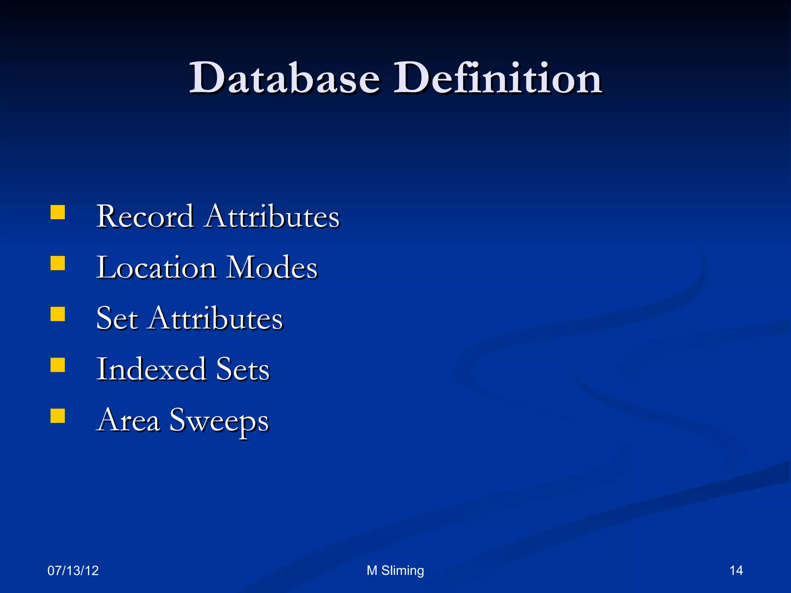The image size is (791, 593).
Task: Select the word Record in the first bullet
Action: click(145, 217)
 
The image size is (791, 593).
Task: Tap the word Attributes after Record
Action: click(272, 217)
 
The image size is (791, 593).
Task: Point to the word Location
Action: click(156, 268)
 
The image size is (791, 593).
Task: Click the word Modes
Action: click(272, 268)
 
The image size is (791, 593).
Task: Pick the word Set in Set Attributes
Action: click(117, 319)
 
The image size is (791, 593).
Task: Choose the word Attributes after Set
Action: click(216, 319)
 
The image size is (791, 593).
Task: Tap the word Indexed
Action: click(151, 369)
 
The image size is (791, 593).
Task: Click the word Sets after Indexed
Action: click(243, 369)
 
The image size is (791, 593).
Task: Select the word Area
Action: click(128, 420)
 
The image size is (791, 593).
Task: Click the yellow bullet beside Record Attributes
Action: click(58, 212)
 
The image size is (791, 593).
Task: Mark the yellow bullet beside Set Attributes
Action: click(58, 314)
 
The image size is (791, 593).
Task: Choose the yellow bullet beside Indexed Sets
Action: click(58, 365)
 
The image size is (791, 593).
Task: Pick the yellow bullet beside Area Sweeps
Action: click(58, 416)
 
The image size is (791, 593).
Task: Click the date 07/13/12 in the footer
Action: click(73, 571)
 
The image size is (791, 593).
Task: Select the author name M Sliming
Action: click(395, 571)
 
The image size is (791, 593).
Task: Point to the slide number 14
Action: click(736, 571)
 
